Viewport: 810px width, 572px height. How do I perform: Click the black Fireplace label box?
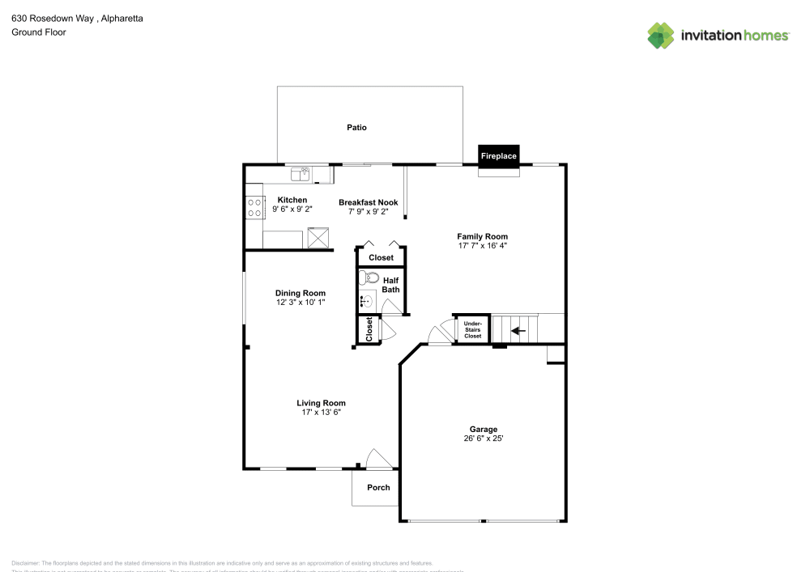[x=498, y=155]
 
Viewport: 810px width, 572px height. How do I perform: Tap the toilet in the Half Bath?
[x=368, y=278]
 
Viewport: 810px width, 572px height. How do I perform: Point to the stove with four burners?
[x=254, y=208]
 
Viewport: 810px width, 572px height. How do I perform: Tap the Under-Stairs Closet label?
[x=472, y=329]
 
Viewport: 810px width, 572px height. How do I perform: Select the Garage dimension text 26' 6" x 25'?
[x=484, y=439]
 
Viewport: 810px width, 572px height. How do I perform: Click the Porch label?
[x=378, y=487]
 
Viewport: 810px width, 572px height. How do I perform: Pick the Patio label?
[x=356, y=127]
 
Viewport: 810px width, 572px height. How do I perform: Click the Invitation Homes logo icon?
[x=660, y=35]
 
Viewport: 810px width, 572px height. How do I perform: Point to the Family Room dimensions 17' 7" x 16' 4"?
[x=482, y=245]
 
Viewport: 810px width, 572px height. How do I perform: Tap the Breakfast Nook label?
[x=368, y=202]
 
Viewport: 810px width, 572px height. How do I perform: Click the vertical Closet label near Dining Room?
[x=369, y=329]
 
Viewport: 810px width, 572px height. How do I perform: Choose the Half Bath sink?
[x=366, y=302]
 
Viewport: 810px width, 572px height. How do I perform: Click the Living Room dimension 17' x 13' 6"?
[x=321, y=413]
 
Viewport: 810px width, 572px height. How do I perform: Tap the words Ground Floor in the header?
[x=38, y=32]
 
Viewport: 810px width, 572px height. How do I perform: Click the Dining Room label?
[x=301, y=294]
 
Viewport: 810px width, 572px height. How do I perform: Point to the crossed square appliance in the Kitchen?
[x=318, y=238]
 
